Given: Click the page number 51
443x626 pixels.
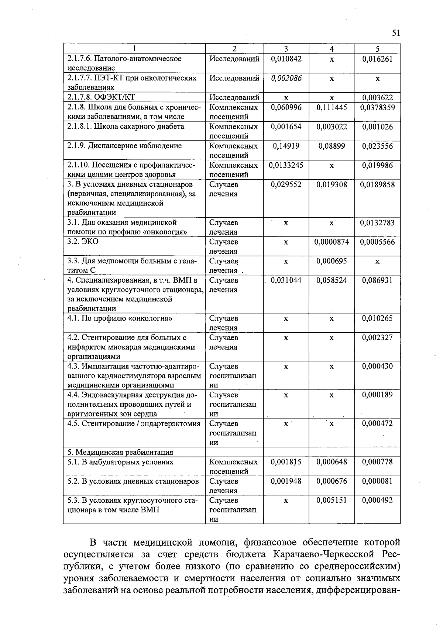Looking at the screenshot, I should coord(396,33).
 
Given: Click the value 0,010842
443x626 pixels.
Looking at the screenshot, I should coord(286,59).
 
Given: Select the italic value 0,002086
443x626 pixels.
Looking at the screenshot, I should coord(286,78).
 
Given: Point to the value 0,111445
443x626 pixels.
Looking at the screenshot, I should coord(332,107).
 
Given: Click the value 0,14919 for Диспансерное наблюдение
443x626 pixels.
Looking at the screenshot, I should coord(286,146).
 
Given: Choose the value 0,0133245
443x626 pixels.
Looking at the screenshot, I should coord(286,165).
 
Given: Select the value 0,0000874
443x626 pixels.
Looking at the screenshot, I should coord(332,242).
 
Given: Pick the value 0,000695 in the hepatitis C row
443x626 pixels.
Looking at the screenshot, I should coord(332,261).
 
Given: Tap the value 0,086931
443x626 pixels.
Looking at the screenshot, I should coord(377,280).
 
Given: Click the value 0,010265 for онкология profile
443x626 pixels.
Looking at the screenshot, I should coord(377,318).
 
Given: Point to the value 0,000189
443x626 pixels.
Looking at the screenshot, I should coord(377,395).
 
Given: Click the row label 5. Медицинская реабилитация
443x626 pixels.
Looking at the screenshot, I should coord(120,452).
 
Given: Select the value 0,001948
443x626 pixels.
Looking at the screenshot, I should coord(286,481).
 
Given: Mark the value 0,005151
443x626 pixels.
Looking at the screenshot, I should coord(332,500).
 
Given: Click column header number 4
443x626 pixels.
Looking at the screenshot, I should coord(332,49).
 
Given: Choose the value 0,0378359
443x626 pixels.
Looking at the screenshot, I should coord(377,107).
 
